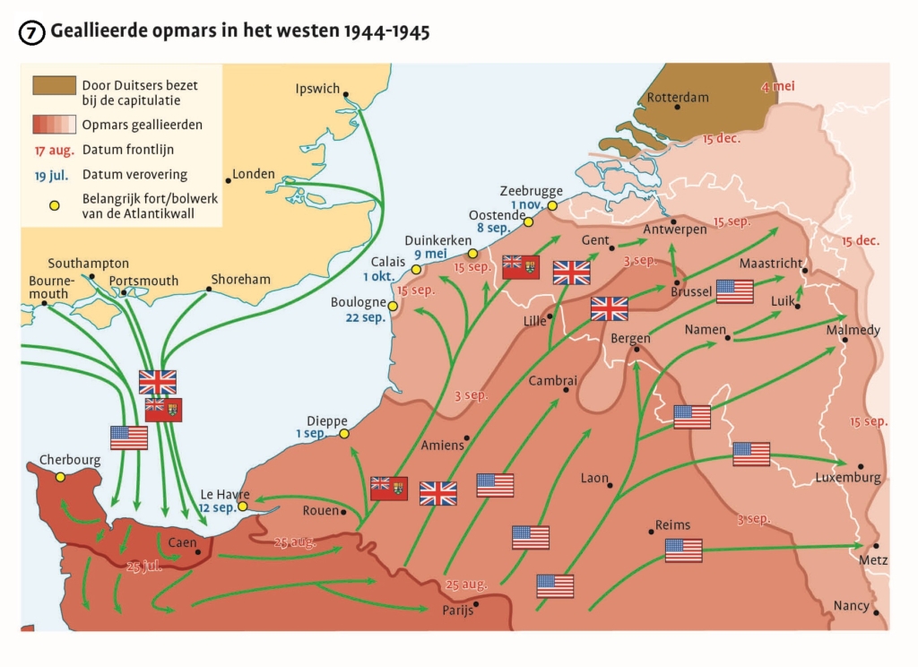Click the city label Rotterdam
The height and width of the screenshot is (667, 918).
coord(678,97)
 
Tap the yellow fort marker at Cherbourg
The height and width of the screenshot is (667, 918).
coord(61,477)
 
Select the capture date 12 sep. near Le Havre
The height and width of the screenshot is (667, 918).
coord(216,507)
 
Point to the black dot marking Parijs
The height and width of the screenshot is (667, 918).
coord(476,603)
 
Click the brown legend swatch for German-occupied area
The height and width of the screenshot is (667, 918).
coord(55,85)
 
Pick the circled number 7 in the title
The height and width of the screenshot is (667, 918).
coord(31,33)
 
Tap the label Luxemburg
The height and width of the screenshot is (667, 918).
coord(847,478)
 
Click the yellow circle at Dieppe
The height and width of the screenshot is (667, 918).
coord(343,434)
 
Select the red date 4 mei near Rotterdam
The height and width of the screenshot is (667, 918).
coord(777,87)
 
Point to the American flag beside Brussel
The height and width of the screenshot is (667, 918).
coord(734,291)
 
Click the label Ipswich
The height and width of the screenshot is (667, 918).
coord(318,89)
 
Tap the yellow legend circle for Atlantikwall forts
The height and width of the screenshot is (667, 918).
coord(54,206)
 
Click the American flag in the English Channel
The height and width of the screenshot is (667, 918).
coord(129,437)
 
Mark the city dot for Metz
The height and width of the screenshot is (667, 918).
coord(876,546)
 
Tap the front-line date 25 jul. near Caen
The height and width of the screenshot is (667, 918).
coord(144,566)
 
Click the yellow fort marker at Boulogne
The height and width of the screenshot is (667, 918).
coord(393,306)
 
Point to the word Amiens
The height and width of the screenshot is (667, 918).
coord(443,445)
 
